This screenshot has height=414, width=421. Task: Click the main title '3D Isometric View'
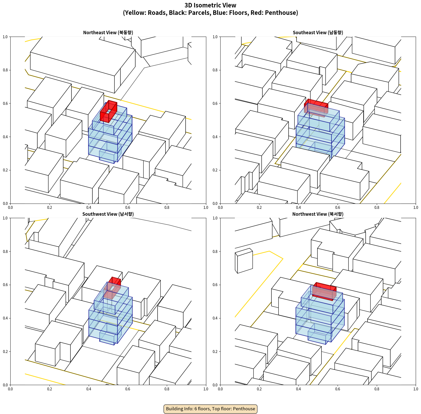click(210, 5)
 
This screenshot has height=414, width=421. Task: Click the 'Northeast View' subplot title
click(108, 32)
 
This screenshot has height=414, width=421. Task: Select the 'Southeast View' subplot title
click(318, 32)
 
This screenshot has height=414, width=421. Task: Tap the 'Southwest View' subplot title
click(108, 214)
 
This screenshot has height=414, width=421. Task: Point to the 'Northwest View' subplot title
click(318, 214)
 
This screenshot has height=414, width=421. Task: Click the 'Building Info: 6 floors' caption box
click(210, 409)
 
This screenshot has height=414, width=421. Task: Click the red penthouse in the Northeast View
click(109, 111)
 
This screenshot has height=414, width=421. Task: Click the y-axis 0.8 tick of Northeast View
click(5, 70)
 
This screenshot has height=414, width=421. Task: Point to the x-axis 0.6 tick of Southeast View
click(338, 208)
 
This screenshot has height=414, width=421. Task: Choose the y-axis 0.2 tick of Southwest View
click(5, 351)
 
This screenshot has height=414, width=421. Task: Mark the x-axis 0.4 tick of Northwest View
click(298, 389)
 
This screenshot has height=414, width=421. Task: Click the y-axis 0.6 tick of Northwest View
click(215, 285)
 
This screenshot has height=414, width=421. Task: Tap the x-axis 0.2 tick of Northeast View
click(50, 208)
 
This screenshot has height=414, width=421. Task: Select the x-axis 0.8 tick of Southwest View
click(167, 389)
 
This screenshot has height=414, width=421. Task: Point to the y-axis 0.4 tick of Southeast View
click(215, 137)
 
